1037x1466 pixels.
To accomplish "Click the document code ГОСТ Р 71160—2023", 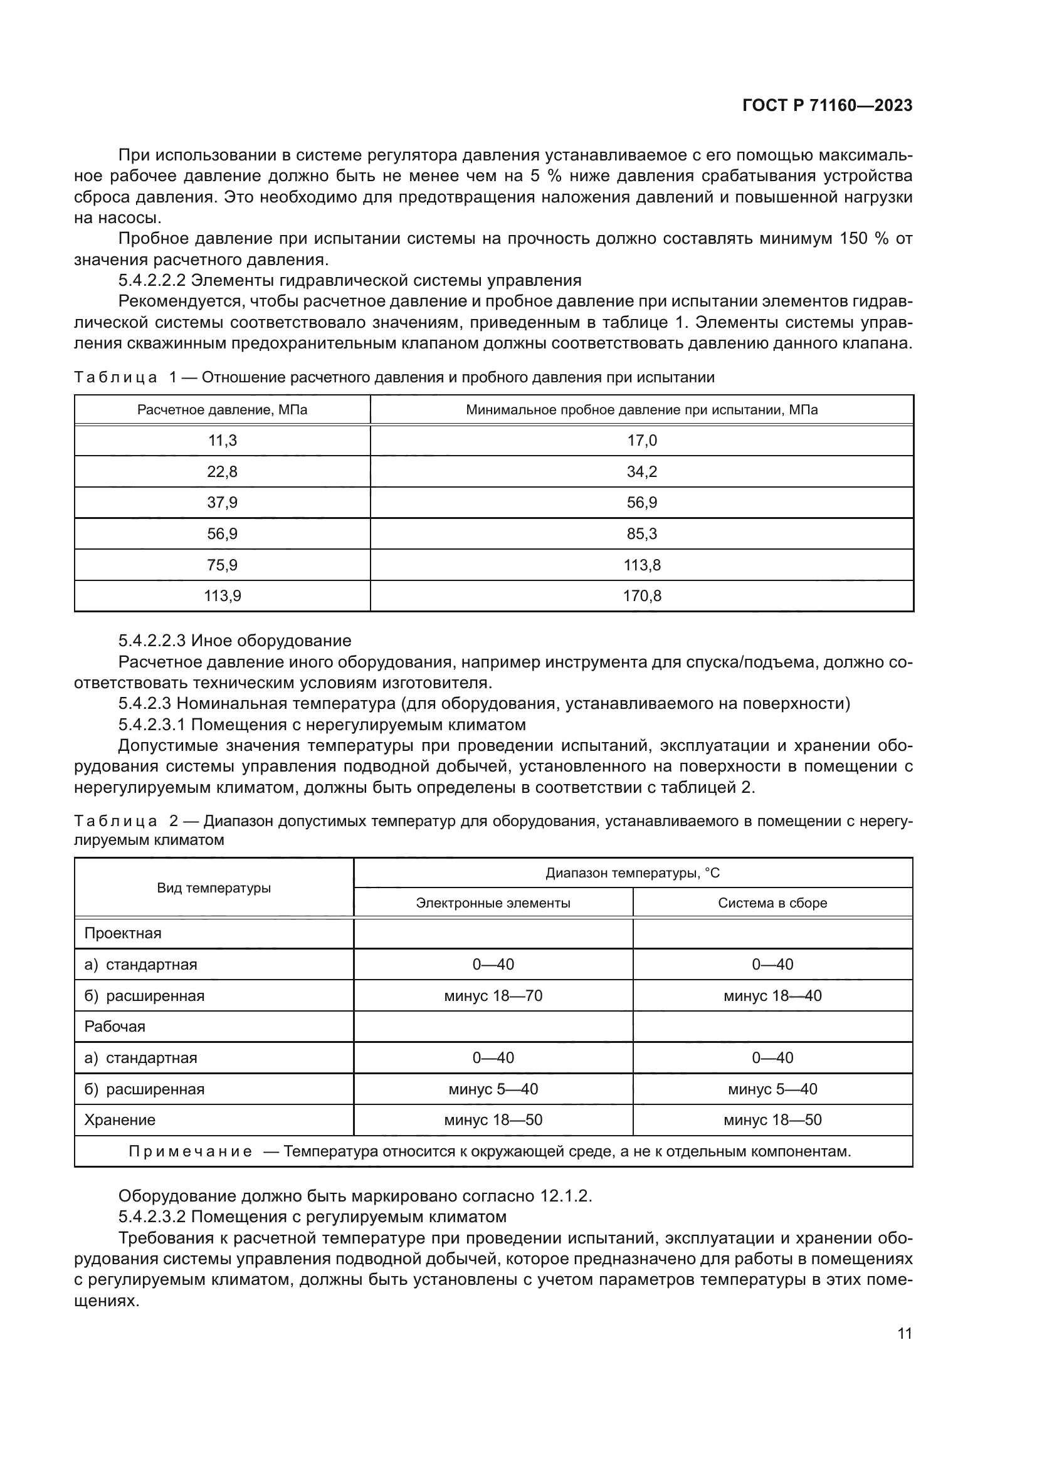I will pyautogui.click(x=827, y=106).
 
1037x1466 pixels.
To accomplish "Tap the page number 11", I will pyautogui.click(x=904, y=1334).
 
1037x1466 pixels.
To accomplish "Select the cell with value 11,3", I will pyautogui.click(x=222, y=441).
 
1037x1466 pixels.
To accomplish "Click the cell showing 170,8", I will pyautogui.click(x=642, y=596).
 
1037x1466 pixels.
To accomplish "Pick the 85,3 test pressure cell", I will pyautogui.click(x=642, y=534).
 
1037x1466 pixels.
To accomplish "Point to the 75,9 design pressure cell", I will pyautogui.click(x=222, y=565).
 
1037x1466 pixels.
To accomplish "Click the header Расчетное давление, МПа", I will pyautogui.click(x=222, y=410).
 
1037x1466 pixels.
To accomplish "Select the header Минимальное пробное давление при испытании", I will pyautogui.click(x=642, y=410).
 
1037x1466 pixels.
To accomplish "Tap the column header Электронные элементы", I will pyautogui.click(x=493, y=903).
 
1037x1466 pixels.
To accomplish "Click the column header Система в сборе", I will pyautogui.click(x=772, y=903).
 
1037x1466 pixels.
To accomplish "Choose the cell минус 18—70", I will pyautogui.click(x=493, y=996).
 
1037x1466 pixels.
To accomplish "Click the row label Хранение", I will pyautogui.click(x=120, y=1120).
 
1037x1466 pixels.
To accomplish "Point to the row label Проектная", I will pyautogui.click(x=123, y=933).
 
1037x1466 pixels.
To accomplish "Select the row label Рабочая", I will pyautogui.click(x=115, y=1027).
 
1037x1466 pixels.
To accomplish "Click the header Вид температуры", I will pyautogui.click(x=214, y=888).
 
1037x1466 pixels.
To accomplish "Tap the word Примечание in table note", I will pyautogui.click(x=191, y=1152).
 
